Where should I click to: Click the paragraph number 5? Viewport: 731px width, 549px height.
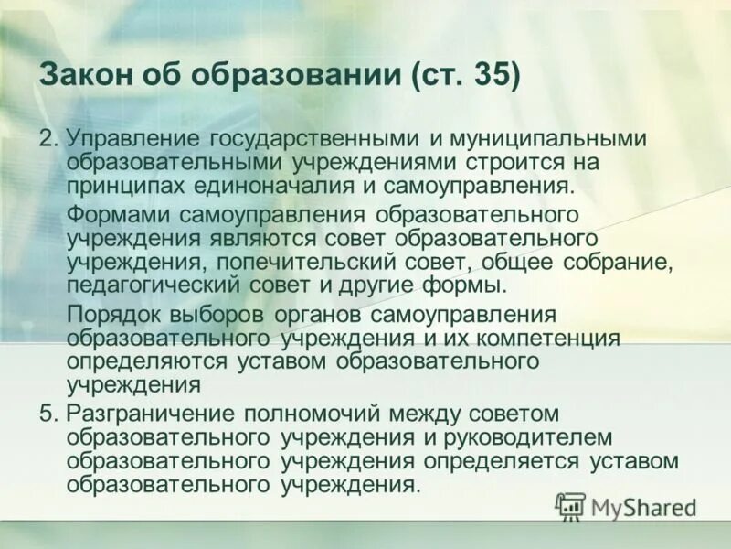point(46,414)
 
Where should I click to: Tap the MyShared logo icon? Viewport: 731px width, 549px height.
point(571,505)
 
